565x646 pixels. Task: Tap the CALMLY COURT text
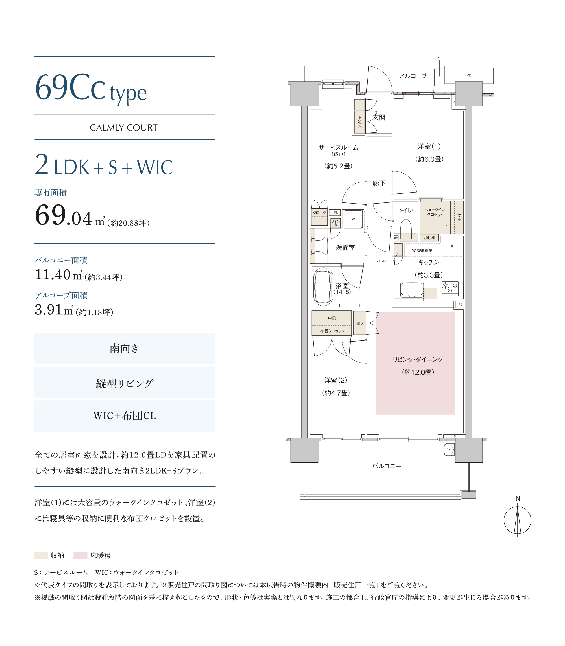coord(124,128)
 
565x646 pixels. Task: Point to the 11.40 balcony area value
coord(52,275)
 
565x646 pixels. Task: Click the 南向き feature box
coord(125,348)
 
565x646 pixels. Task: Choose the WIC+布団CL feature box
coord(125,416)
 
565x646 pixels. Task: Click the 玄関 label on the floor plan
coord(379,118)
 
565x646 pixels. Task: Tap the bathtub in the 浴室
coord(323,287)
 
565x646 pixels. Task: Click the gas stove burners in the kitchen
coord(450,288)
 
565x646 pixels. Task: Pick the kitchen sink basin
coord(412,290)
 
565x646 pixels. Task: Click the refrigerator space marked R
coord(452,246)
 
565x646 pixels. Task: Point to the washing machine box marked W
coord(353,219)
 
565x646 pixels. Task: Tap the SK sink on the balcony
coord(449,450)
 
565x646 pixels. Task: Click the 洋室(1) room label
coord(429,146)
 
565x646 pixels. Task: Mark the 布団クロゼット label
coord(332,331)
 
